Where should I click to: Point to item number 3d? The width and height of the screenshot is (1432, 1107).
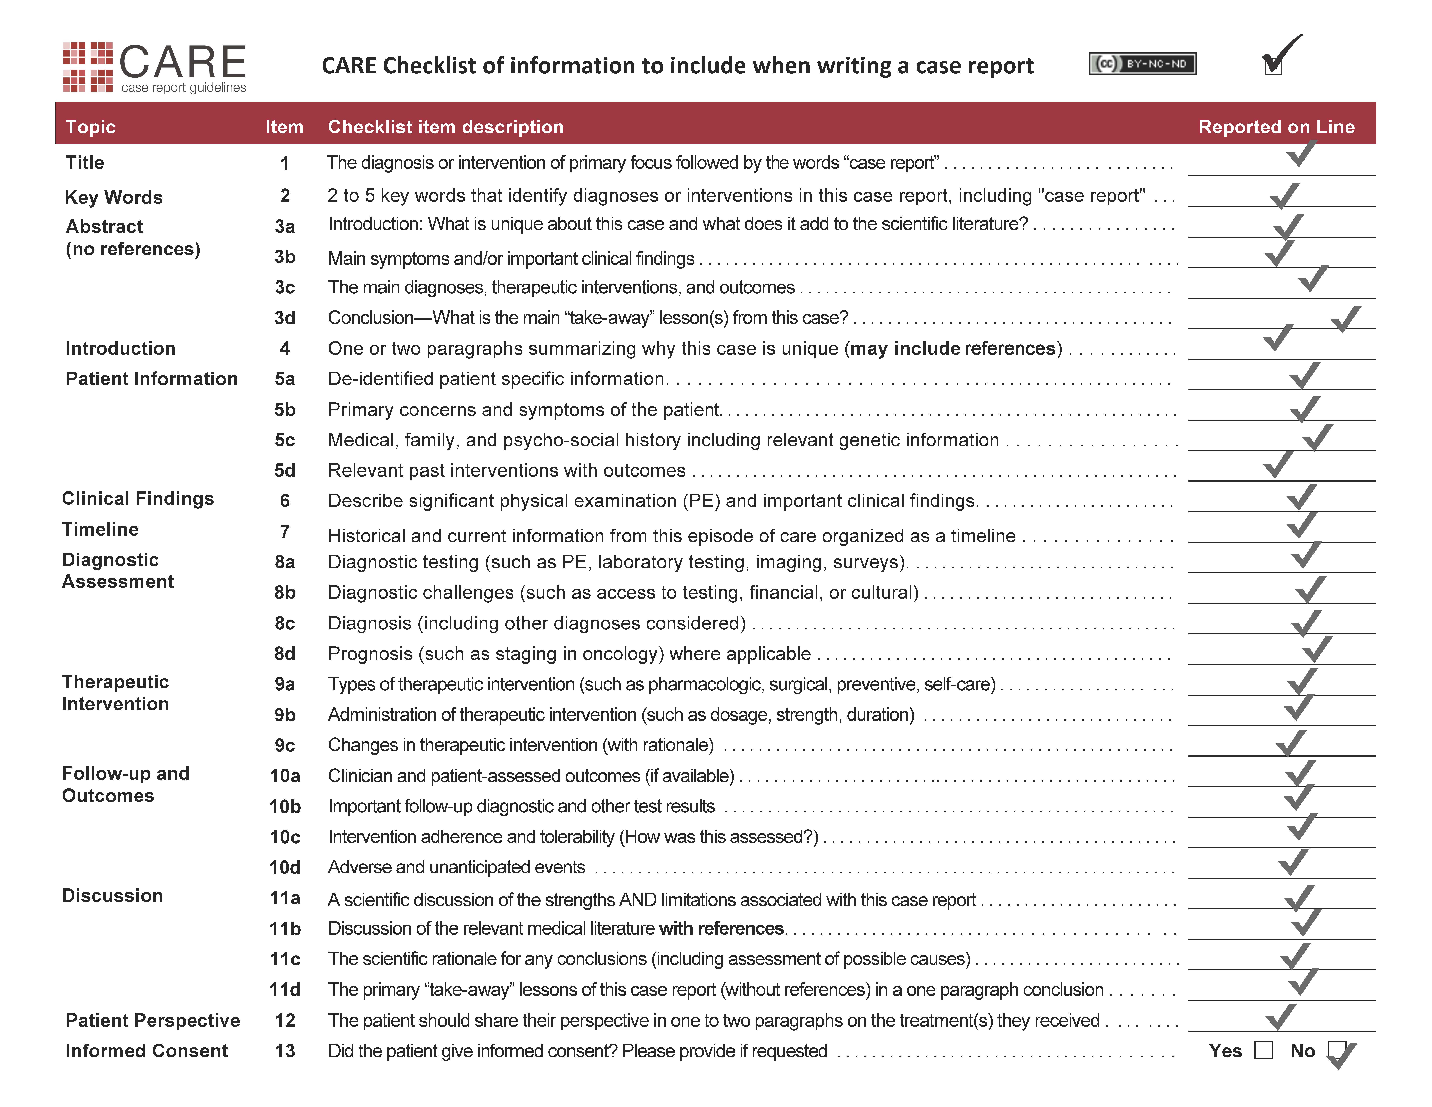285,318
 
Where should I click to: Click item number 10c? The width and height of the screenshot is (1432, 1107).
285,837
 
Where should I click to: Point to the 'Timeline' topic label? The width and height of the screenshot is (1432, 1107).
100,529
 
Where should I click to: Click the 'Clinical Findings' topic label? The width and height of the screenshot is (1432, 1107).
138,498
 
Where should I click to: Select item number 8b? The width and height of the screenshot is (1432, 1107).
285,592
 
